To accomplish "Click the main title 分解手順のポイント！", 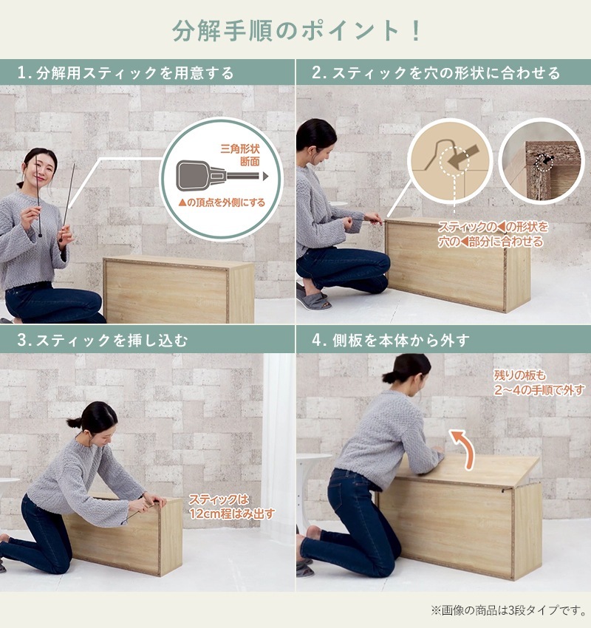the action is click(x=296, y=31).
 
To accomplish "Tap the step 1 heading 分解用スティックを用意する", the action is click(x=126, y=73).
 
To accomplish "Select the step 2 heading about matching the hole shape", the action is click(x=436, y=73).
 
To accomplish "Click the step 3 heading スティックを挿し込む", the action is click(x=103, y=341).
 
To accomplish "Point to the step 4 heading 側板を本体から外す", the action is click(x=391, y=341).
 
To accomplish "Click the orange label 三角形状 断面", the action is click(x=240, y=155).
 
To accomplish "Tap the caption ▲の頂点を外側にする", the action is click(x=222, y=202).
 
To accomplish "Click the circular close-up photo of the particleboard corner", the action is click(x=541, y=161).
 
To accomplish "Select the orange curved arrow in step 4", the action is click(x=463, y=448).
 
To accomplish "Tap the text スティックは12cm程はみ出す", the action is click(x=231, y=506).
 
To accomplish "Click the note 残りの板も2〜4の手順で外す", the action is click(x=539, y=383).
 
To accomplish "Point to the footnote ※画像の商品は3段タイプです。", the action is click(x=508, y=610).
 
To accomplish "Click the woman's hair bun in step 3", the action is click(x=73, y=423).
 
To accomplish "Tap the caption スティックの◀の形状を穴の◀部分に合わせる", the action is click(x=493, y=234).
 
